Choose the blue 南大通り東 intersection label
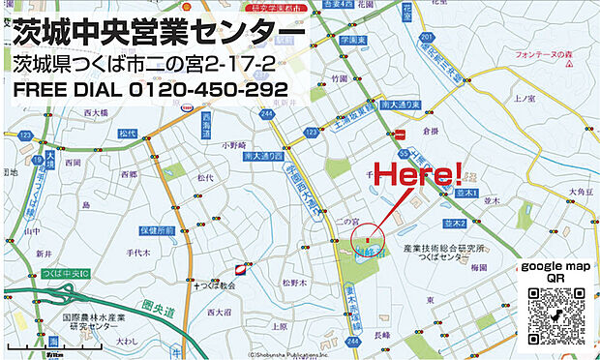click(x=399, y=104)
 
